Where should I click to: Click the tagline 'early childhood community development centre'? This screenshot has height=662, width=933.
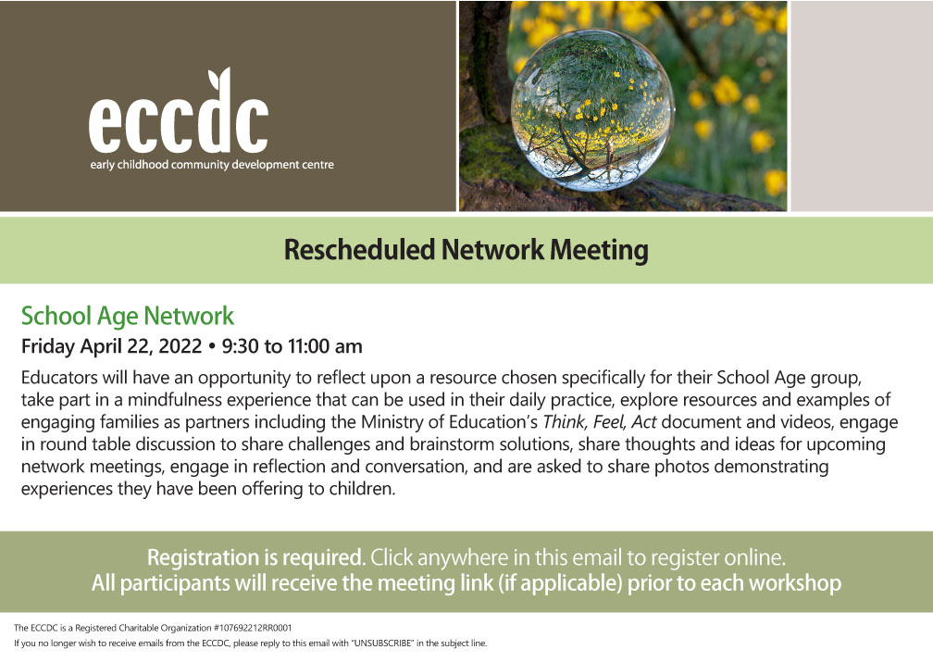[212, 165]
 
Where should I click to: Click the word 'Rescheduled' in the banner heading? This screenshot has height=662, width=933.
[359, 249]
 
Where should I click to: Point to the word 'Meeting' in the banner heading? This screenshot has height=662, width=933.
[599, 250]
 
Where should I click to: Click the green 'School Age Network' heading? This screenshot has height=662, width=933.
[128, 316]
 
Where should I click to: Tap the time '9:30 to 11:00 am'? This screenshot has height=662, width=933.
[292, 346]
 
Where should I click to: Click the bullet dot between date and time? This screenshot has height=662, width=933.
[212, 346]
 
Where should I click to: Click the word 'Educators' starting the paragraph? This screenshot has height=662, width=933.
[59, 378]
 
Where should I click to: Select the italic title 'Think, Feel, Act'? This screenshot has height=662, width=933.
[600, 422]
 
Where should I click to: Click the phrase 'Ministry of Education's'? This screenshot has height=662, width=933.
[450, 422]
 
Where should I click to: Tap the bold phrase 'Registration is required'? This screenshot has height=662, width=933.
[255, 557]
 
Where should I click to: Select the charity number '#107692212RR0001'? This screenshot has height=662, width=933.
[253, 628]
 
